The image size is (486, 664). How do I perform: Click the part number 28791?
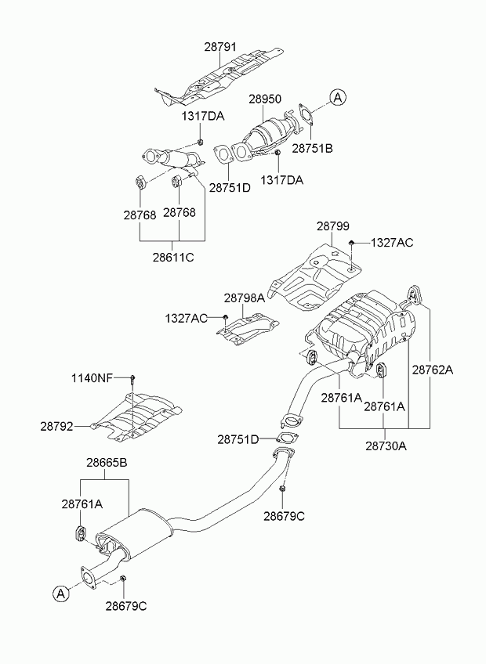(220, 46)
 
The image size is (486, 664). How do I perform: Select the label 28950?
(265, 99)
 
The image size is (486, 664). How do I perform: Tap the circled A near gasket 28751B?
(338, 97)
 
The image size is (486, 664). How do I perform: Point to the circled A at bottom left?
(60, 594)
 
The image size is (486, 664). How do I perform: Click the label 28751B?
(312, 148)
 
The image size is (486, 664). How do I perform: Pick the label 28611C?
(173, 257)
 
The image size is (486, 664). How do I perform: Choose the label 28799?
(333, 226)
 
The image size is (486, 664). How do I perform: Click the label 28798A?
(245, 298)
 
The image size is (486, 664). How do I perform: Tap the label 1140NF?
(92, 377)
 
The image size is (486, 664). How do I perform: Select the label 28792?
(56, 426)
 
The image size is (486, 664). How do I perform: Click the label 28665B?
(107, 463)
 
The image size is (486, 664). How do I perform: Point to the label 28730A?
(386, 446)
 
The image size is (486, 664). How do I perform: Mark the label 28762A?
(433, 370)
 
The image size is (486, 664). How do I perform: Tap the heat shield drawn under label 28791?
(219, 78)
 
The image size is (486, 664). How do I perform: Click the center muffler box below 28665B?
(134, 533)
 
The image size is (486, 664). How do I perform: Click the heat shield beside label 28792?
(136, 417)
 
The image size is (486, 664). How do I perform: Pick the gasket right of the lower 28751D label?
(288, 438)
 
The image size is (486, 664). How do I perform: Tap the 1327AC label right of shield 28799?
(392, 243)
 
